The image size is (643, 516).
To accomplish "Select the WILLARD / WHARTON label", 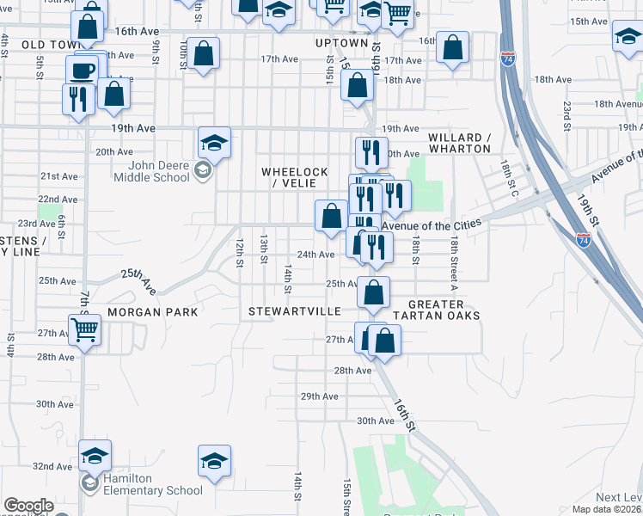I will [460, 143].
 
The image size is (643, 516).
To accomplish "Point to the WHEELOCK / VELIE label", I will [295, 178].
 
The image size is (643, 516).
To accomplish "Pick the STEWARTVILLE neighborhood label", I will [295, 310].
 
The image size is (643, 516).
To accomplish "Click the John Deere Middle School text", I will [159, 172].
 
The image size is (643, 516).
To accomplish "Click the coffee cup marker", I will [83, 70].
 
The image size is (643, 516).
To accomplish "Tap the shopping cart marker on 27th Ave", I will [85, 328].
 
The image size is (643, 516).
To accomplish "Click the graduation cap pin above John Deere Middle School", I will [214, 142].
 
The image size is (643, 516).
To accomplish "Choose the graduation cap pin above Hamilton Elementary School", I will [95, 454].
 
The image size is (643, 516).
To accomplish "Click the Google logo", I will [28, 506].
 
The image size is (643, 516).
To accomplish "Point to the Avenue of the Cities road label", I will [429, 226].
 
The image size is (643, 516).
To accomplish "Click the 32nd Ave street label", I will [51, 466].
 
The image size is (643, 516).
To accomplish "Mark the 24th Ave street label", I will [315, 255].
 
